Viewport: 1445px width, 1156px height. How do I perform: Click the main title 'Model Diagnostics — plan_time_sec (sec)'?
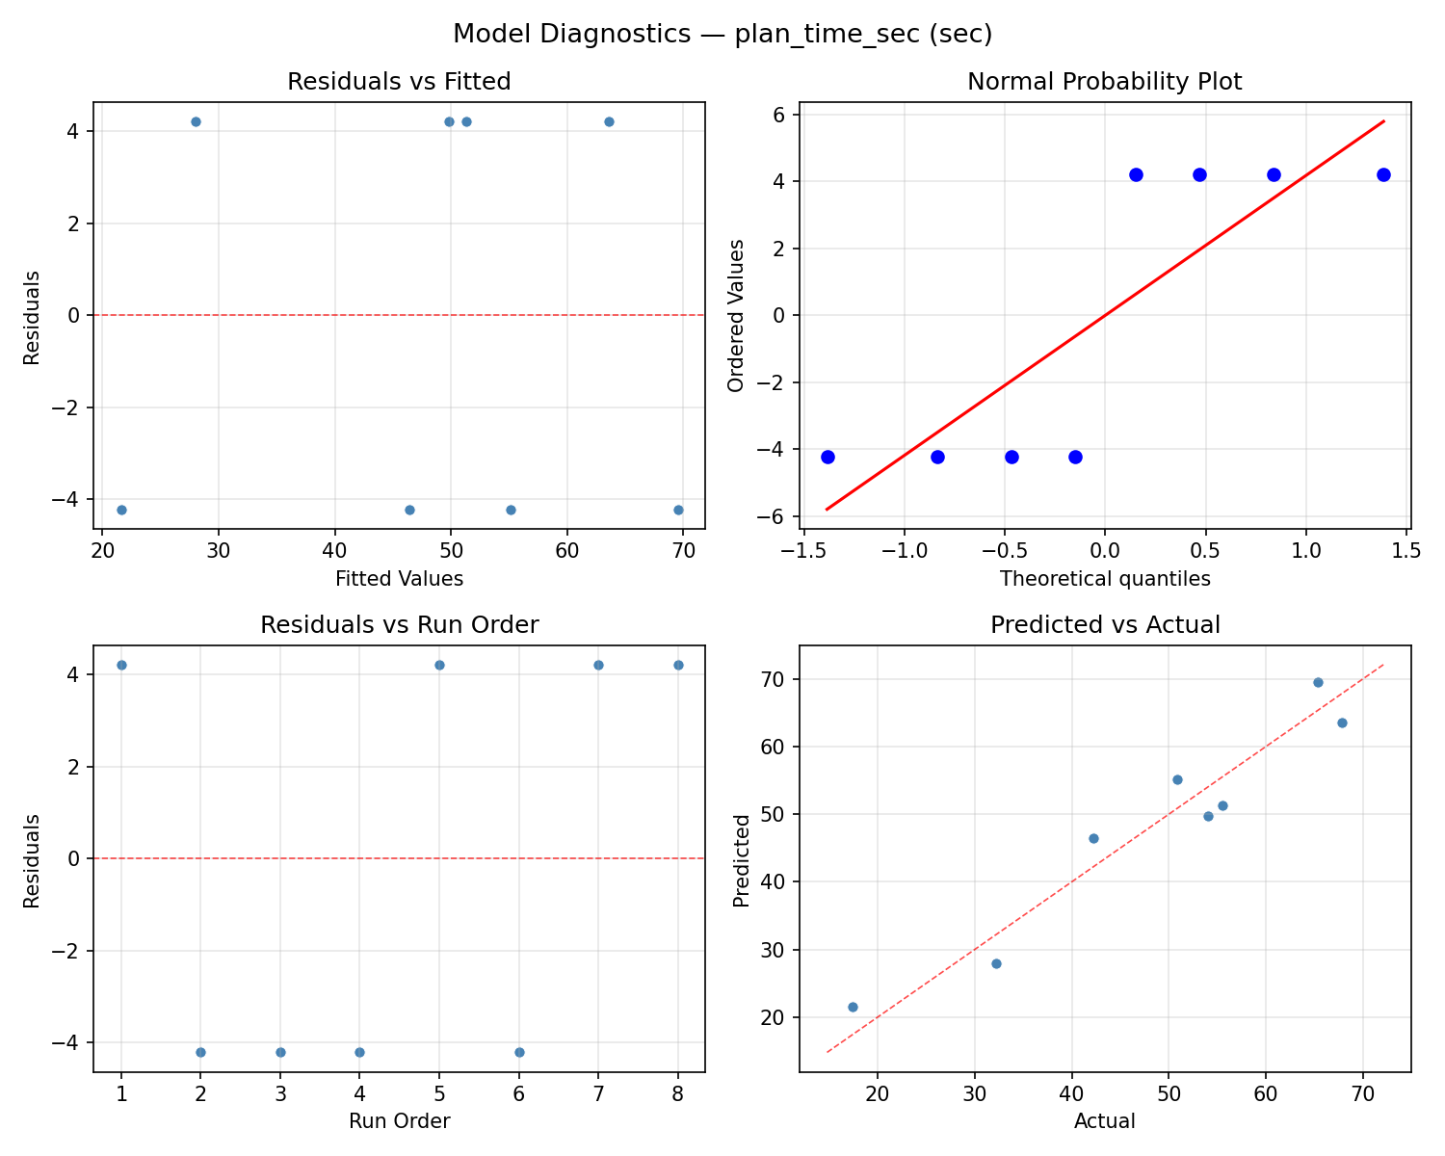722,34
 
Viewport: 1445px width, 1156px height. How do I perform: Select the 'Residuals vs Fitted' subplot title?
399,82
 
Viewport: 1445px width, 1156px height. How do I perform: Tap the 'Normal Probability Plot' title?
1104,82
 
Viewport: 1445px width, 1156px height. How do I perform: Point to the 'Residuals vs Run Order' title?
399,625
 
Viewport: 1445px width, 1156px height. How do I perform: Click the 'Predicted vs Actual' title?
1104,625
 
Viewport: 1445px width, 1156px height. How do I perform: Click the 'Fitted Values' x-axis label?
399,579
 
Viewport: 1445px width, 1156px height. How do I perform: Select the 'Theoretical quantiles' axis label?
1104,579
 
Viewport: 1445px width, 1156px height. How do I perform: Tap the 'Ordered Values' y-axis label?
736,315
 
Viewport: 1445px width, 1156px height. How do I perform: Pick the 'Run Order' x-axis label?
399,1121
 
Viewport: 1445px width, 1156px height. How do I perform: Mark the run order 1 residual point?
121,665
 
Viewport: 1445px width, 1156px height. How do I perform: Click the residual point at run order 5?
439,665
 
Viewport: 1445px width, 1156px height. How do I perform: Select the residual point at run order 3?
280,1052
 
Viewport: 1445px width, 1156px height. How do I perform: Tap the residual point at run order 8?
678,665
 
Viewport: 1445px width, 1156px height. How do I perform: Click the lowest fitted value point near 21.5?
121,510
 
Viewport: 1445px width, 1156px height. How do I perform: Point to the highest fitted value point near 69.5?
678,510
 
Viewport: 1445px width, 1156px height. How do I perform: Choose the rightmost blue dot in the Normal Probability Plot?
1383,174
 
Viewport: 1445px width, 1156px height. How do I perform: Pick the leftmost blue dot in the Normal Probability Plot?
828,457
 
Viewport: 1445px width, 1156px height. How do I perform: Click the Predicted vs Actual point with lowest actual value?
853,1007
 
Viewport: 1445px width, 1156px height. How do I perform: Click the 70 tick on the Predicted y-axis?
778,679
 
